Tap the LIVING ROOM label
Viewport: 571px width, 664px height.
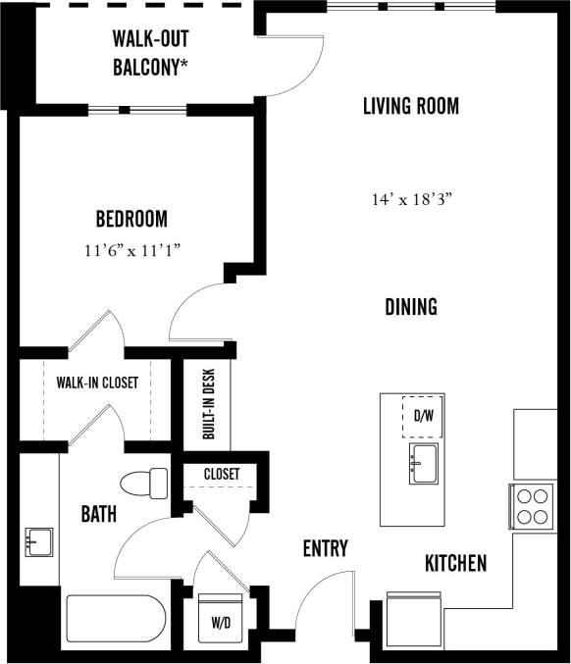(410, 106)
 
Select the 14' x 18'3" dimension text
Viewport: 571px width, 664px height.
(410, 199)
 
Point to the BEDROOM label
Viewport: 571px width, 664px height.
(130, 219)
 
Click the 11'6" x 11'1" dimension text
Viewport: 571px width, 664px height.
(131, 250)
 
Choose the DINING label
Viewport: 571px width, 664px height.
(410, 307)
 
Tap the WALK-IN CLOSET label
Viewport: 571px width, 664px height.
(96, 383)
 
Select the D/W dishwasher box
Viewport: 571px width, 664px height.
(423, 416)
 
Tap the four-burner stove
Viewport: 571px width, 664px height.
(531, 506)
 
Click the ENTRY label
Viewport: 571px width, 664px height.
(325, 548)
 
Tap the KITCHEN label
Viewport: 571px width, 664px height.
(455, 563)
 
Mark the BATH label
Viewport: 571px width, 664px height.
(99, 513)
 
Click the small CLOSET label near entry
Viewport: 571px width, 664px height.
(221, 474)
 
